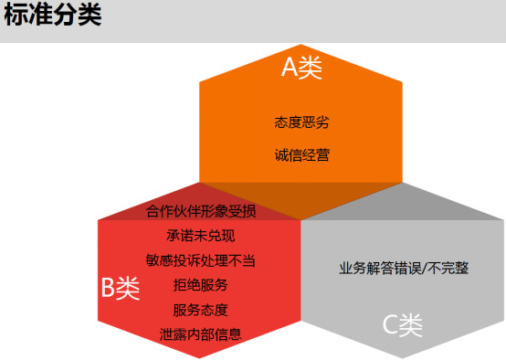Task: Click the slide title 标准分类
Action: pyautogui.click(x=52, y=16)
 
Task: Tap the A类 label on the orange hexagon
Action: pyautogui.click(x=301, y=68)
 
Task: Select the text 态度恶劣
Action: pyautogui.click(x=301, y=122)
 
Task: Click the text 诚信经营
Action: pyautogui.click(x=301, y=154)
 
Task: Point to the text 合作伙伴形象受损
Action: pyautogui.click(x=201, y=212)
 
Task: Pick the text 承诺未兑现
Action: pyautogui.click(x=201, y=236)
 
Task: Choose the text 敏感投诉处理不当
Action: pyautogui.click(x=201, y=260)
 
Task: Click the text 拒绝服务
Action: pyautogui.click(x=201, y=285)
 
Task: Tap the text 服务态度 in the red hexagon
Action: pyautogui.click(x=201, y=309)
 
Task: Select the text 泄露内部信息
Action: pyautogui.click(x=201, y=334)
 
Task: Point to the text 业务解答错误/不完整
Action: pyautogui.click(x=404, y=269)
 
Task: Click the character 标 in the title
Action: pyautogui.click(x=16, y=16)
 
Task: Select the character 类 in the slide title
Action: pyautogui.click(x=89, y=16)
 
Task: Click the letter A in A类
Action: pyautogui.click(x=290, y=68)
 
